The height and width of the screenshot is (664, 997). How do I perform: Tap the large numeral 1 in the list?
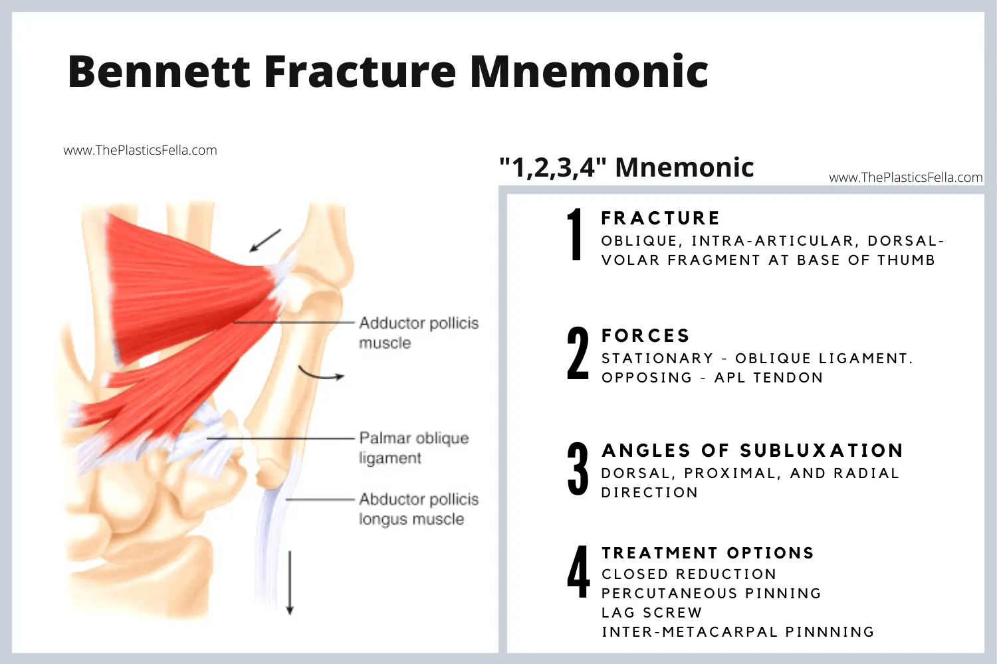[x=576, y=234]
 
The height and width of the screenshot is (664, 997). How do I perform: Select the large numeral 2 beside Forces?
[x=578, y=353]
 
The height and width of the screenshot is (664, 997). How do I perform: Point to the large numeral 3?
[x=578, y=469]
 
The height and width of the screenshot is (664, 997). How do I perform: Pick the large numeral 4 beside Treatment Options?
[x=578, y=572]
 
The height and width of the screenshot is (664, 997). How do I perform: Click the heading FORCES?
[x=645, y=336]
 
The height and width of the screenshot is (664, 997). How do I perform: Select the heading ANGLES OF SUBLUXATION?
[x=752, y=451]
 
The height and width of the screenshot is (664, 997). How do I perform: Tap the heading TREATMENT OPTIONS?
[x=707, y=553]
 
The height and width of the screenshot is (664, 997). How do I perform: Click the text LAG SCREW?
[x=651, y=612]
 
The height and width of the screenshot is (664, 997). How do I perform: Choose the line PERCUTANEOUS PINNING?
[x=711, y=593]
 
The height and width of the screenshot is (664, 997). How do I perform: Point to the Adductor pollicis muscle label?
[x=418, y=333]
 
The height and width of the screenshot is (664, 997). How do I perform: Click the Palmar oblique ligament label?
[x=413, y=448]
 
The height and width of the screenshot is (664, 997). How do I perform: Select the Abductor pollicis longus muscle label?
[x=418, y=509]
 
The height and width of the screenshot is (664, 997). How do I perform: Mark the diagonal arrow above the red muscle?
[x=265, y=240]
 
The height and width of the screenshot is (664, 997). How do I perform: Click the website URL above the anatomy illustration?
[x=140, y=151]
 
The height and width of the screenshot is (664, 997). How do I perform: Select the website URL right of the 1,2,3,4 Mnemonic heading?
[x=905, y=177]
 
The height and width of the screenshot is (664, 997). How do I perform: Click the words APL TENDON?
[x=768, y=378]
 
